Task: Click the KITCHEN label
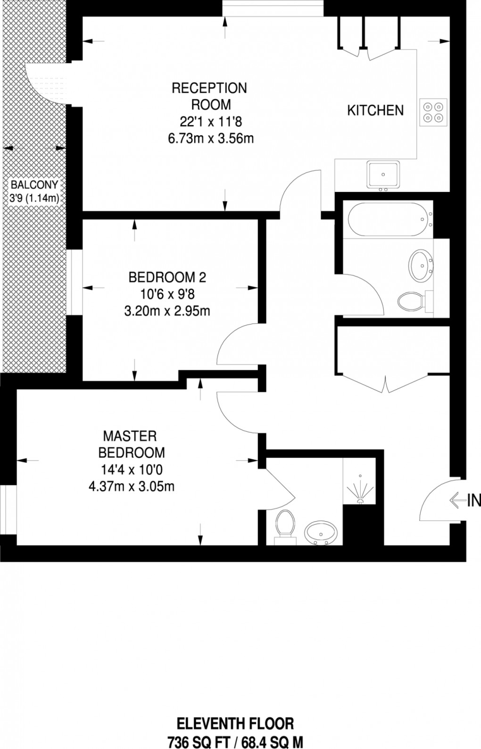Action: [x=375, y=110]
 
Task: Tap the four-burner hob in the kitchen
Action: [x=433, y=112]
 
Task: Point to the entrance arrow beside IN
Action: [x=457, y=500]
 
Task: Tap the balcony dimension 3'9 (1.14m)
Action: [x=34, y=199]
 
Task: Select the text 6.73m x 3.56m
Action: [x=211, y=139]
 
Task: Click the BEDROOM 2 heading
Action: [x=167, y=277]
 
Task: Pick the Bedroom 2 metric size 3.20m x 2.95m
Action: [x=167, y=311]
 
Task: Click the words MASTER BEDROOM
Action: [x=131, y=444]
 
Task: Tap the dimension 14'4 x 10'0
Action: [x=131, y=469]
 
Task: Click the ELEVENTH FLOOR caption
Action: [x=235, y=723]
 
